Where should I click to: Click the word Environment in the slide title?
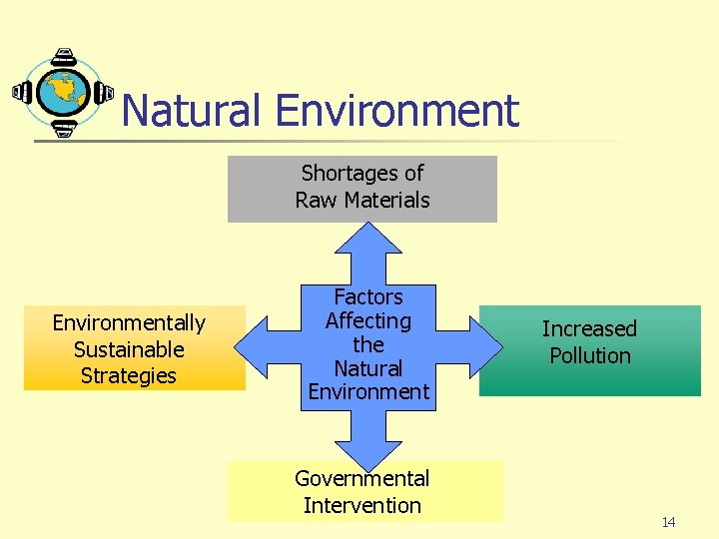[x=398, y=111]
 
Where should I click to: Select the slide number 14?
[x=668, y=523]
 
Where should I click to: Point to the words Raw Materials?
[x=362, y=200]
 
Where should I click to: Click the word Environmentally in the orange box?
[x=129, y=322]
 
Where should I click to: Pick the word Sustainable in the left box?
[x=129, y=349]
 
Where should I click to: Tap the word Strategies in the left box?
[x=129, y=376]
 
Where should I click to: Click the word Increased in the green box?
[x=589, y=328]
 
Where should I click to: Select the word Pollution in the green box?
[x=589, y=355]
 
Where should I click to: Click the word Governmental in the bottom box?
[x=362, y=479]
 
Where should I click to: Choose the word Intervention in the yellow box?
[x=362, y=506]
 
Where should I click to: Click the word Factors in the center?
[x=368, y=296]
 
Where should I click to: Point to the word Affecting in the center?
[x=368, y=320]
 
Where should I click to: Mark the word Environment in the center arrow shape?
[x=368, y=392]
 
